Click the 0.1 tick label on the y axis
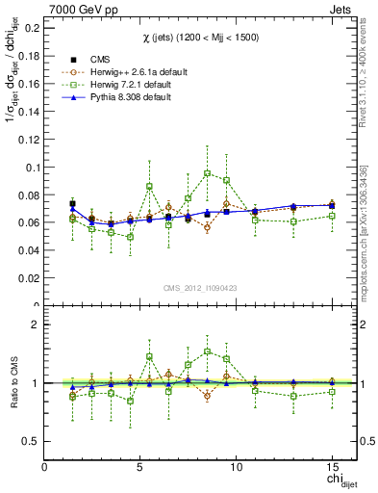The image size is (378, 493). point(32,168)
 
